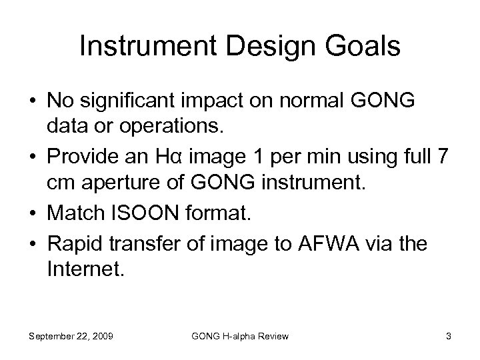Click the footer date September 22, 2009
pos(71,336)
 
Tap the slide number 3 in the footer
pos(449,336)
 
